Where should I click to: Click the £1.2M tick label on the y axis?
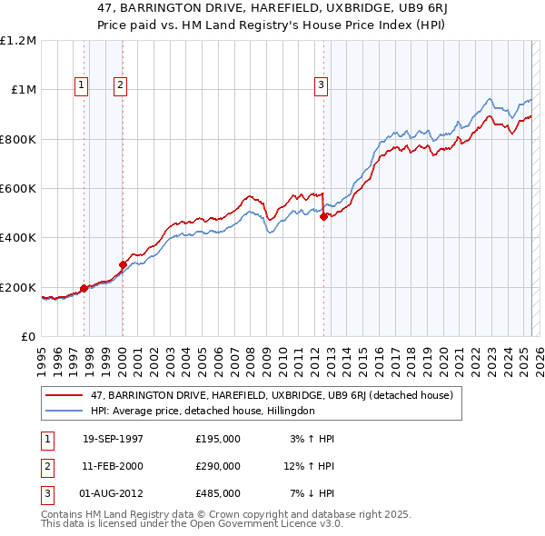click(18, 41)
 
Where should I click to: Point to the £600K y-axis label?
click(18, 189)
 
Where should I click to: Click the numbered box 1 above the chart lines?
click(82, 86)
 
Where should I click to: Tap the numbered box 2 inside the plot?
click(120, 86)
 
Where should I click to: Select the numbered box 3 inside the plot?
click(321, 86)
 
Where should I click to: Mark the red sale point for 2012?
click(323, 217)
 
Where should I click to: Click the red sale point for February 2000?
click(123, 265)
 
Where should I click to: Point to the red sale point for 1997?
click(84, 288)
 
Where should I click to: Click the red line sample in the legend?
click(64, 395)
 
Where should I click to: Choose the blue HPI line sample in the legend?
click(64, 411)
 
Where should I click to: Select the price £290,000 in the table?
click(218, 466)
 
